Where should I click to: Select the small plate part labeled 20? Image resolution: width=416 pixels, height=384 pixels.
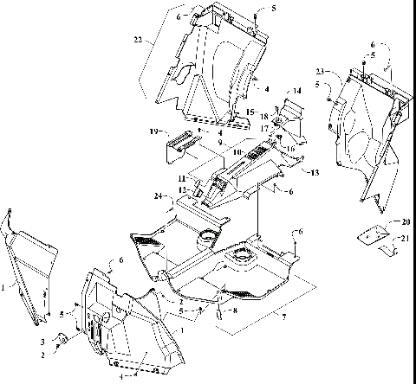371,231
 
